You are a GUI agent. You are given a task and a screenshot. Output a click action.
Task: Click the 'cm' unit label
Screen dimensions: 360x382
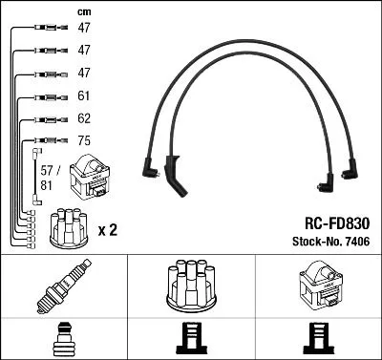point(83,12)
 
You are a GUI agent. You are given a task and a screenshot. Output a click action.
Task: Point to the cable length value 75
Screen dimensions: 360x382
point(83,141)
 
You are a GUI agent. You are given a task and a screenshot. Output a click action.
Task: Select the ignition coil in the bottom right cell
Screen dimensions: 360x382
point(318,284)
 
